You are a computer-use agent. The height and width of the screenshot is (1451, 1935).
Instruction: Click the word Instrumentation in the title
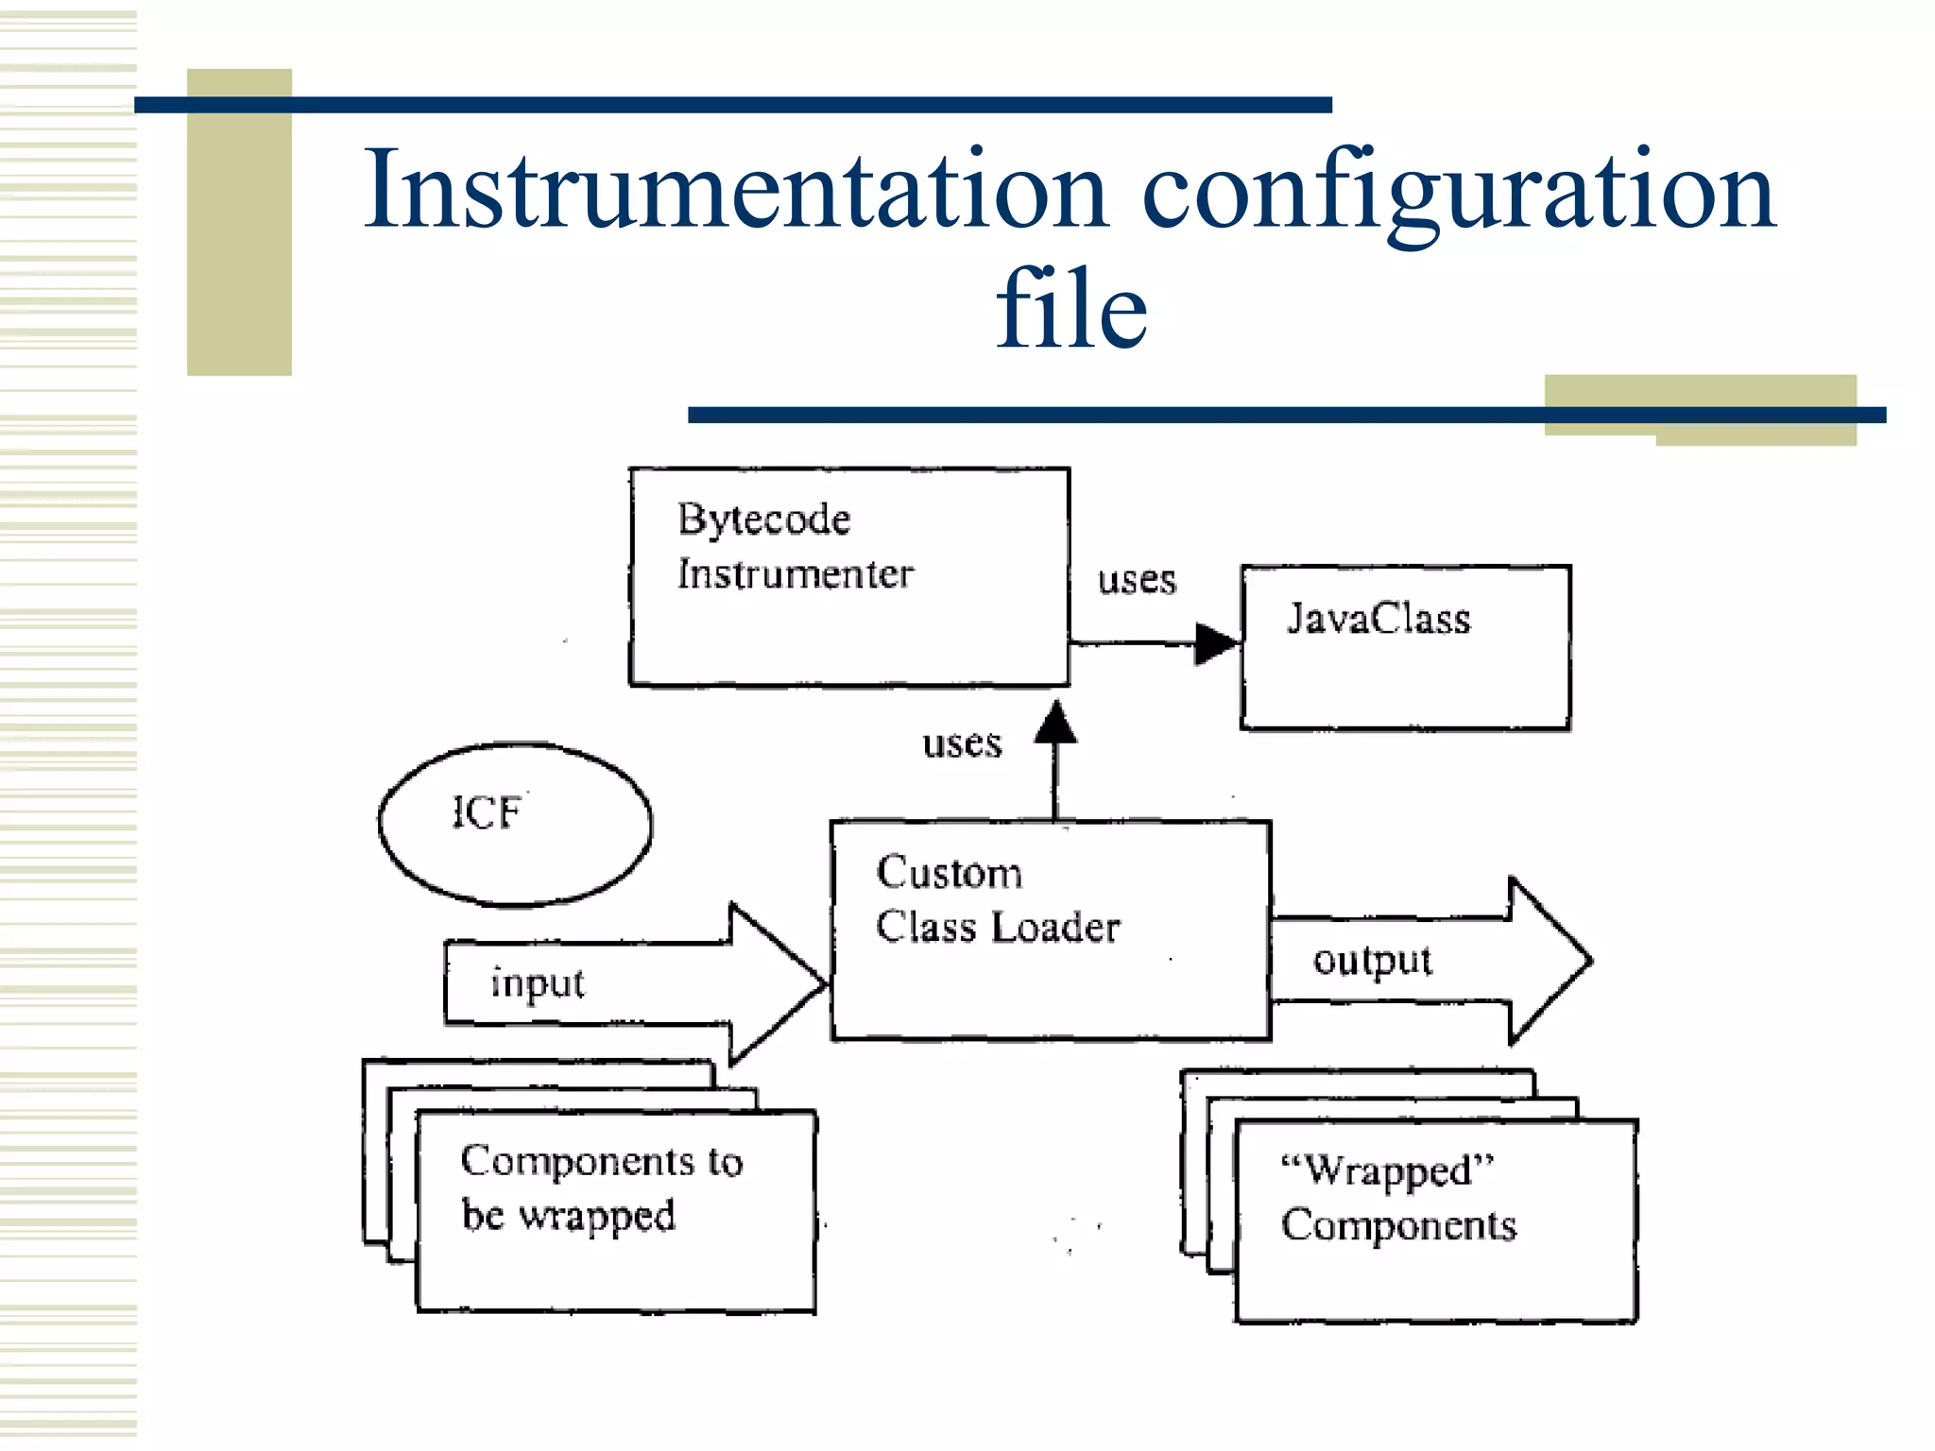(x=735, y=191)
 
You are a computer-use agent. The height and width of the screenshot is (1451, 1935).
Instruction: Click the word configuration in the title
(x=1459, y=191)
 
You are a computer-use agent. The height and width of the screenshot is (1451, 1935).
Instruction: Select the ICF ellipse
(x=515, y=825)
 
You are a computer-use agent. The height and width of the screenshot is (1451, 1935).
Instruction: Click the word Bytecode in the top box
(x=763, y=520)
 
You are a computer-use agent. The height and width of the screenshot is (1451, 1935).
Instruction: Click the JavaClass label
(x=1378, y=620)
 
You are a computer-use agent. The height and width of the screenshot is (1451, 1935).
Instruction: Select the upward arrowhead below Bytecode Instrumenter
(x=1055, y=725)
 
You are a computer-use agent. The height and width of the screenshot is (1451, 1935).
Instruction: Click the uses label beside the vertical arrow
(x=962, y=744)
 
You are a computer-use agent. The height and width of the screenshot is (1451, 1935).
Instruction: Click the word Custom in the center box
(x=950, y=873)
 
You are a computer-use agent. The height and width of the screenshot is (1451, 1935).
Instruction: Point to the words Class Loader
(x=998, y=928)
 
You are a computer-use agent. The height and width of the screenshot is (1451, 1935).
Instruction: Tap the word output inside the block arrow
(x=1372, y=961)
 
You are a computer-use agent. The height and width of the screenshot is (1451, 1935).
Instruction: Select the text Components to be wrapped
(x=601, y=1188)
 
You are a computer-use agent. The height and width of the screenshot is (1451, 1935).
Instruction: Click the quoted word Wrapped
(x=1387, y=1170)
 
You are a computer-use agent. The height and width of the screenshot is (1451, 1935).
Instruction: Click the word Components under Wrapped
(x=1398, y=1226)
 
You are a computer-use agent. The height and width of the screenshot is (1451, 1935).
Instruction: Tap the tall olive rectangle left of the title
(x=239, y=223)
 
